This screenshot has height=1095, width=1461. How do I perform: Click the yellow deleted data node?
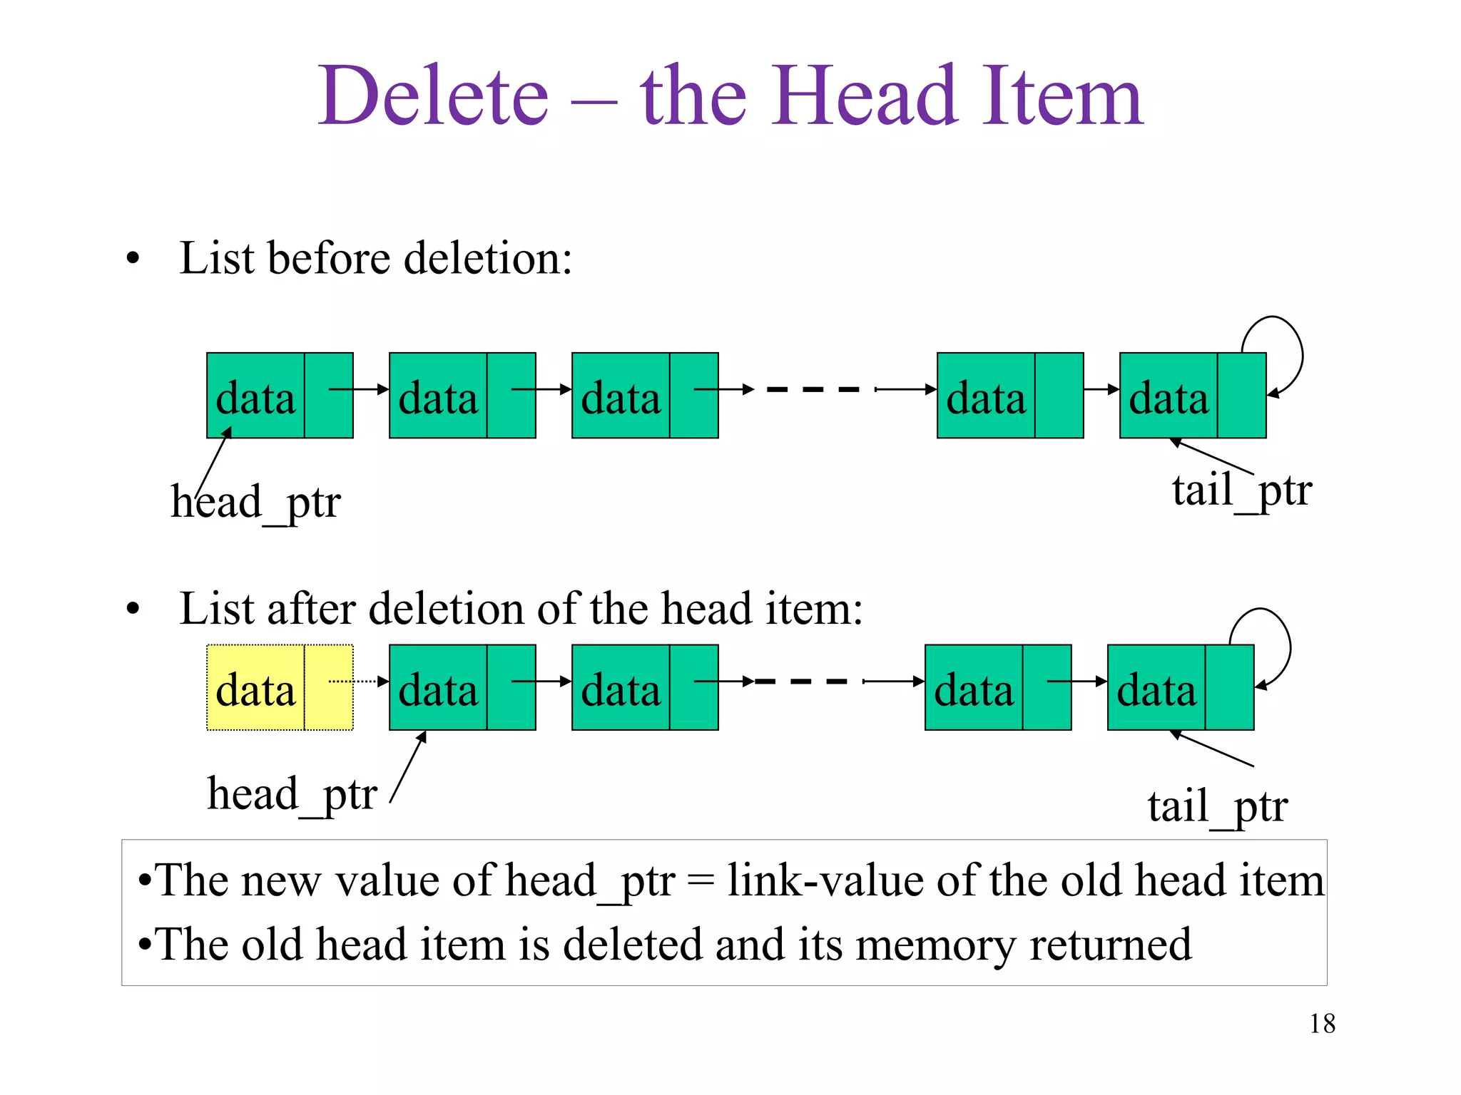pyautogui.click(x=280, y=687)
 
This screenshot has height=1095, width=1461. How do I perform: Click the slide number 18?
pyautogui.click(x=1322, y=1024)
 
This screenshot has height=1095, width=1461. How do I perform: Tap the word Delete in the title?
pyautogui.click(x=433, y=96)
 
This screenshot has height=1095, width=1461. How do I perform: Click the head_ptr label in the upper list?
pyautogui.click(x=256, y=502)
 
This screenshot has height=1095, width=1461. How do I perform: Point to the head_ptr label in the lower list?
pyautogui.click(x=292, y=794)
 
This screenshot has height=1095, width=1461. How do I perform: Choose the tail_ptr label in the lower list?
pyautogui.click(x=1218, y=807)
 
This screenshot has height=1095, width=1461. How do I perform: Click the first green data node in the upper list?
pyautogui.click(x=280, y=396)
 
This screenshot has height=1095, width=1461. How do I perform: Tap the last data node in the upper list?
pyautogui.click(x=1193, y=396)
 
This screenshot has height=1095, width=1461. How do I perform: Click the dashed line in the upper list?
pyautogui.click(x=813, y=389)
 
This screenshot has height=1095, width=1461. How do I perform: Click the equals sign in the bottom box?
pyautogui.click(x=701, y=882)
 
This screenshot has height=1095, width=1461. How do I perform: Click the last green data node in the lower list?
pyautogui.click(x=1181, y=687)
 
